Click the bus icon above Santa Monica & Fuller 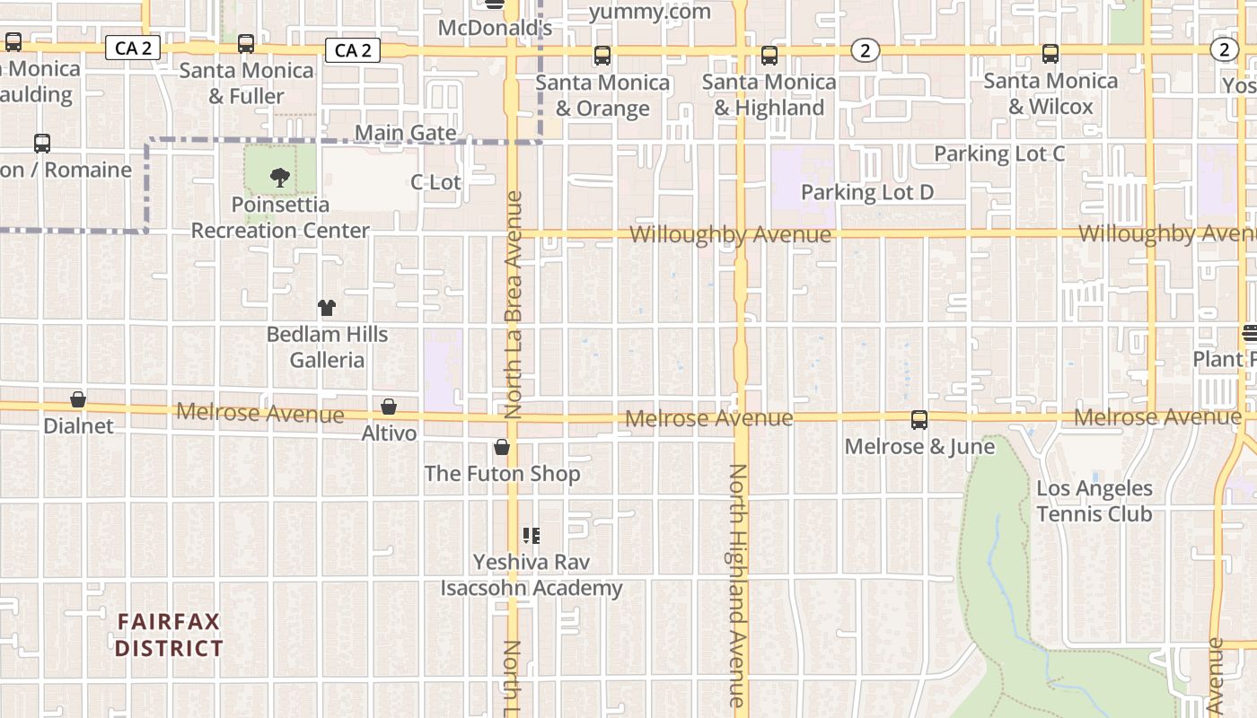click(246, 43)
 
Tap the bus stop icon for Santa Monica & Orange click(602, 56)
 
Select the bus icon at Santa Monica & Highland click(769, 55)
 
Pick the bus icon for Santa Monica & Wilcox click(1050, 54)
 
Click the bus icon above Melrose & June click(919, 419)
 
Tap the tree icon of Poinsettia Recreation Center click(280, 178)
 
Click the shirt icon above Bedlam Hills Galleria click(327, 308)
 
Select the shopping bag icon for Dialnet click(78, 399)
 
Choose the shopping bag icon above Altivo click(389, 407)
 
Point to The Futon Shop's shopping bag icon click(502, 447)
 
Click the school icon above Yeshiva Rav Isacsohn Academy click(531, 536)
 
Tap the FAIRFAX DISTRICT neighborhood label click(169, 635)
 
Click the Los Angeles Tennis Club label click(1094, 501)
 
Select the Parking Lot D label click(867, 192)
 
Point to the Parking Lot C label click(999, 153)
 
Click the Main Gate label click(406, 133)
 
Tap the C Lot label click(435, 182)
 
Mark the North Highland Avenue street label click(738, 583)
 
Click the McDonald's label click(495, 28)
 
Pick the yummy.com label click(650, 12)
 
